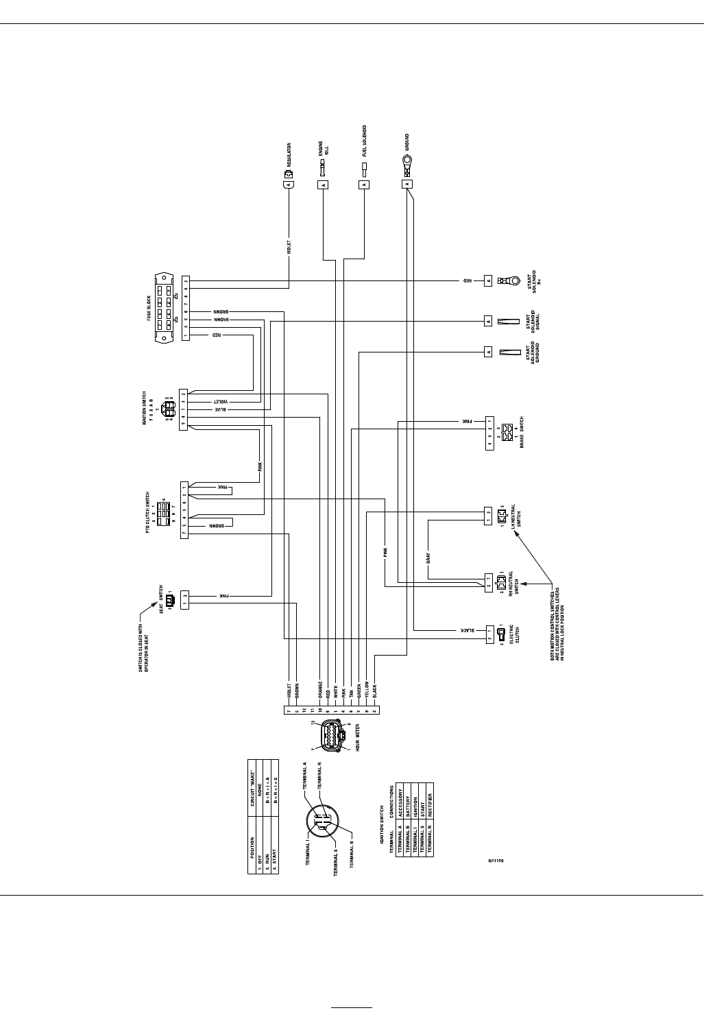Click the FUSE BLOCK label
tap(149, 307)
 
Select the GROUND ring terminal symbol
tap(407, 163)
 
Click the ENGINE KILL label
tap(324, 149)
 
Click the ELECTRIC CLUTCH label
tap(515, 634)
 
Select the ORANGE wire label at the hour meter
tap(320, 688)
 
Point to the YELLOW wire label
tap(367, 689)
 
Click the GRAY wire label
tap(428, 558)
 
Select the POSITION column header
tap(253, 841)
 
